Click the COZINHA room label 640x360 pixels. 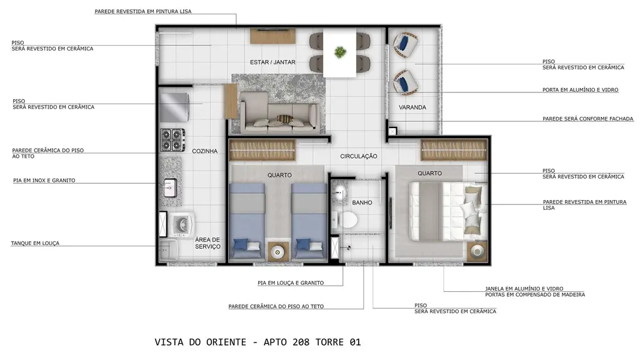pos(204,151)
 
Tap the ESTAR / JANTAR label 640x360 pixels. pos(272,62)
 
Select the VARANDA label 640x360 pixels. pos(412,107)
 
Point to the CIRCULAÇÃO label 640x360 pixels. pos(359,156)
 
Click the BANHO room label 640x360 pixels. pos(362,202)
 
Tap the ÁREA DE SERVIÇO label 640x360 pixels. pos(207,243)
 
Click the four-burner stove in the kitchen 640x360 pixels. pos(172,140)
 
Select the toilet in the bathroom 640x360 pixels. pos(344,219)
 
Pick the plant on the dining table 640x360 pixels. pos(339,52)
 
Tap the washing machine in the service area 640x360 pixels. pos(181,224)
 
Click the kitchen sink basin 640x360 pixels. pos(171,188)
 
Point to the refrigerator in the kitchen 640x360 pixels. pos(174,107)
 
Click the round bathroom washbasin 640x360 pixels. pos(339,194)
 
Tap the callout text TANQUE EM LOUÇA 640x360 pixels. pos(35,243)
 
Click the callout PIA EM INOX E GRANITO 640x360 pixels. pos(44,181)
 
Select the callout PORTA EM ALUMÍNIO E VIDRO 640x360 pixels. pos(581,90)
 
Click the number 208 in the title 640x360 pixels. pos(301,342)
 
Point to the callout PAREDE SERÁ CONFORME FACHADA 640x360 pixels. pos(587,119)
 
